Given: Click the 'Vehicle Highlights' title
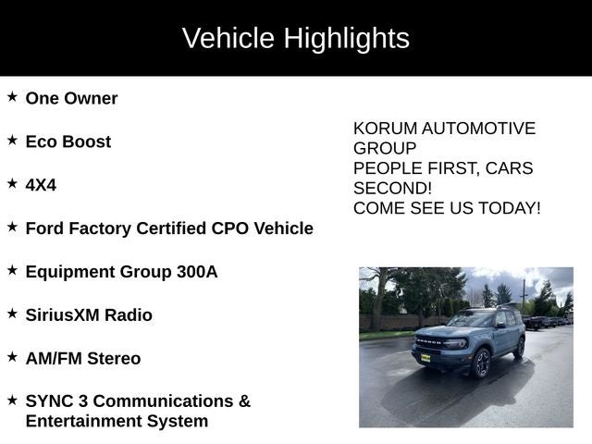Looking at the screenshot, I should tap(295, 38).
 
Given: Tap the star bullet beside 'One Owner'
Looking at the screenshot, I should tap(12, 96).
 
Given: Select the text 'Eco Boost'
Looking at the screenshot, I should tap(68, 142).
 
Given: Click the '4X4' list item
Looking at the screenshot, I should tap(41, 185).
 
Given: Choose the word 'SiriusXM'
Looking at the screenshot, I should tap(62, 315).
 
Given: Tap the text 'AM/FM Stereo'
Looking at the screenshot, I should tap(82, 359).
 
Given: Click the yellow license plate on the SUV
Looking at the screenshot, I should tap(425, 357).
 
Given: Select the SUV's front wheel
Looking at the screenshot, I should tap(482, 364).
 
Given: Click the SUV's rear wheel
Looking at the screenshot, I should tap(519, 348).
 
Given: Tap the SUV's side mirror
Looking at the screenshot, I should tap(499, 325).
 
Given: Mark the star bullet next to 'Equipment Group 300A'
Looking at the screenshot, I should tap(12, 270).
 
